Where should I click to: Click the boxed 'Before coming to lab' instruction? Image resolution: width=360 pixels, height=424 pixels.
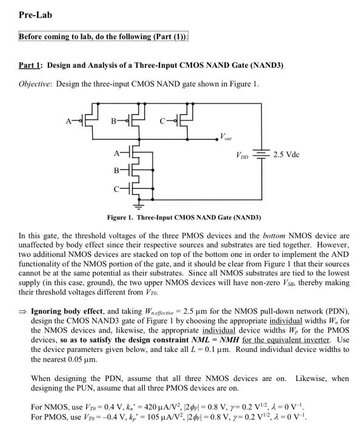click(x=104, y=36)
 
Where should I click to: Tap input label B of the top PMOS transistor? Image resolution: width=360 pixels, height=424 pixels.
click(x=113, y=122)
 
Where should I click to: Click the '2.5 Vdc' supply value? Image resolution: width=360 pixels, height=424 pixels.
click(x=287, y=155)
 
